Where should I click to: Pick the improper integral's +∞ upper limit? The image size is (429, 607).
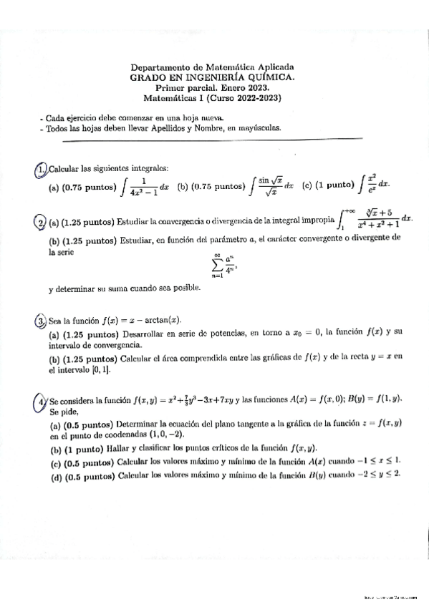[348, 210]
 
